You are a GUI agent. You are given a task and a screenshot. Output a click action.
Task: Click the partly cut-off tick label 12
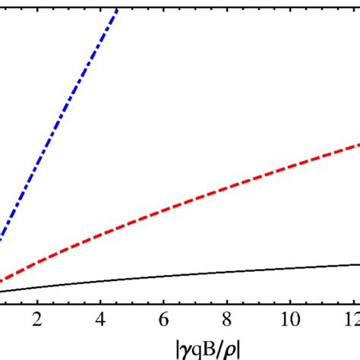click(x=351, y=317)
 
